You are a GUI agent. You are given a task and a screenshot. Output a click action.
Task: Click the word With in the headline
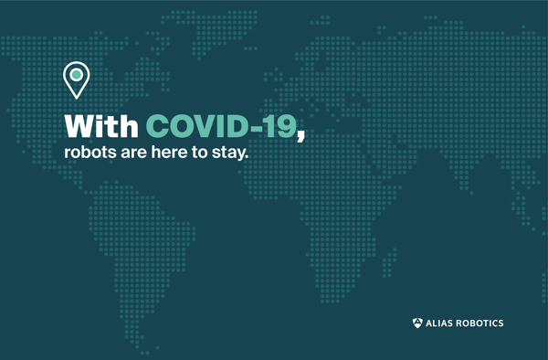point(102,125)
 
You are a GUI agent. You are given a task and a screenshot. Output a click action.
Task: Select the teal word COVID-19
point(221,125)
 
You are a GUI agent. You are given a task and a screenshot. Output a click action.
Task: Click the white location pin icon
point(76,79)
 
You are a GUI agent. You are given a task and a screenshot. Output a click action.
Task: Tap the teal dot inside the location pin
point(76,74)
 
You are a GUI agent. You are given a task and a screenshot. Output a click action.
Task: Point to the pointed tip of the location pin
point(76,98)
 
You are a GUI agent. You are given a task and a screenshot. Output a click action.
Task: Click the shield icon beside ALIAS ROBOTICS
point(418,323)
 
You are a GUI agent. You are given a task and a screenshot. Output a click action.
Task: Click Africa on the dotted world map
point(315,210)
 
